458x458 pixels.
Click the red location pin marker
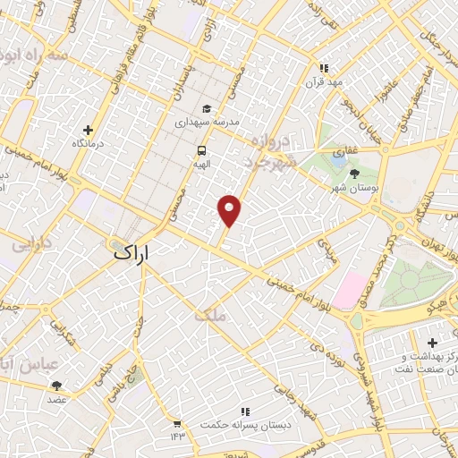tap(230, 210)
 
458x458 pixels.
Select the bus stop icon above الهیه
tap(202, 151)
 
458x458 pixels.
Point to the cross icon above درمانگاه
tap(87, 130)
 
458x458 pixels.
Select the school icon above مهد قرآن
tap(325, 68)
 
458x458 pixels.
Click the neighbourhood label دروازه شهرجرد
tap(268, 152)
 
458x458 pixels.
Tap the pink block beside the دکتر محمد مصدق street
tap(348, 290)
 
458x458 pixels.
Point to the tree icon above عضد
tap(57, 386)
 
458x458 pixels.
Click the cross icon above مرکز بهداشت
tap(432, 343)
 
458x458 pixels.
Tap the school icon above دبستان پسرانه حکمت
tap(244, 411)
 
